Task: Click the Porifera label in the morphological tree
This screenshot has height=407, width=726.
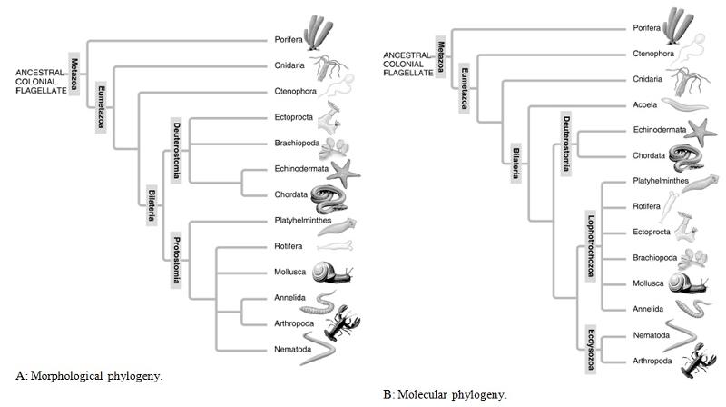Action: [288, 40]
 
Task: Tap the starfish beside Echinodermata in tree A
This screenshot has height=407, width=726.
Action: [344, 173]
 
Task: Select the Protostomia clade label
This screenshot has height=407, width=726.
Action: [176, 260]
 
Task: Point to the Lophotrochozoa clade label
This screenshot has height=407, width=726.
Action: [591, 246]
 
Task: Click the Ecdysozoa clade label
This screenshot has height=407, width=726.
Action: [591, 350]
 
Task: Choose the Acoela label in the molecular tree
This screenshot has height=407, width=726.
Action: [645, 104]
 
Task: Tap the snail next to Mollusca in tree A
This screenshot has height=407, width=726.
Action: [332, 273]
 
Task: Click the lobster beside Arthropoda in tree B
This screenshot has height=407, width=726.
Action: [698, 361]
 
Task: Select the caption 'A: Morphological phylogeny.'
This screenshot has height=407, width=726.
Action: [89, 375]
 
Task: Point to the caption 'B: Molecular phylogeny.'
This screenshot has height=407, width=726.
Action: [445, 395]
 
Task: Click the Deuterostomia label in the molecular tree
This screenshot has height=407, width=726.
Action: [565, 144]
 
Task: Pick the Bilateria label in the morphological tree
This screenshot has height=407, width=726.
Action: [152, 205]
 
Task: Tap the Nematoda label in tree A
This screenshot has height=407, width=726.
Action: [292, 349]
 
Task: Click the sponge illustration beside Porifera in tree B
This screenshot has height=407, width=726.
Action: [678, 26]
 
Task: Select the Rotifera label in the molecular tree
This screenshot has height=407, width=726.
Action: [646, 206]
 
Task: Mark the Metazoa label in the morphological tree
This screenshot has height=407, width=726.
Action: [74, 74]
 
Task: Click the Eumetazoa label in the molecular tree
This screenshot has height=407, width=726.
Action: [464, 88]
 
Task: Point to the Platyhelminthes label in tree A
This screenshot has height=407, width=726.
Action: [303, 220]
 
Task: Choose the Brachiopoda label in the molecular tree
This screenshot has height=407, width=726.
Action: [654, 258]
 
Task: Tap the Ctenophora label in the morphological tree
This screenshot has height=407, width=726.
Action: [296, 92]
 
